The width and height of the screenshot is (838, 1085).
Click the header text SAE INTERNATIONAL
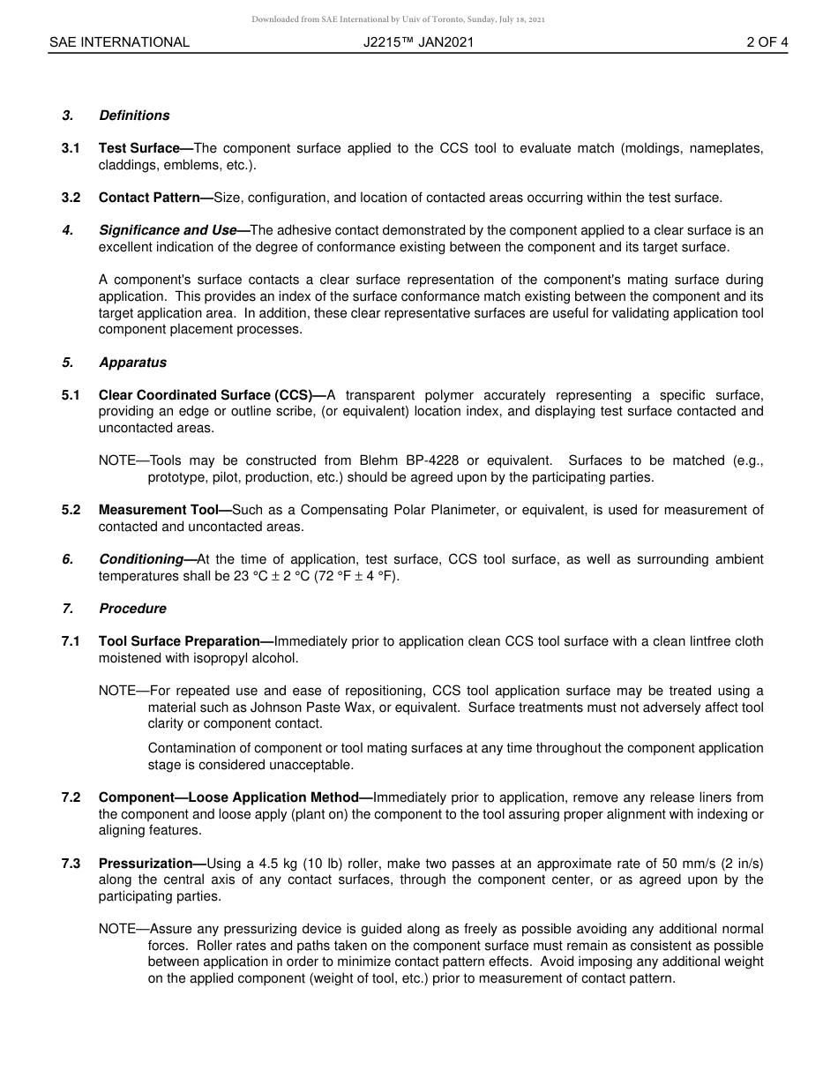(x=119, y=41)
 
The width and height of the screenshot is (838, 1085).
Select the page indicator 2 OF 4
(x=767, y=41)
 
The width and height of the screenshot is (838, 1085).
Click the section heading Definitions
(x=134, y=116)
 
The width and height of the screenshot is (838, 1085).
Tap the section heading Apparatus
(x=132, y=363)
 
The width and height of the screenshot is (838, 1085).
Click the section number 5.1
(x=71, y=395)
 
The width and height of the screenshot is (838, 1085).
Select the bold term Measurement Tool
(x=161, y=510)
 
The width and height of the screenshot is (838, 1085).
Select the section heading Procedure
(x=132, y=609)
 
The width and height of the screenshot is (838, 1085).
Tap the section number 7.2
(x=71, y=797)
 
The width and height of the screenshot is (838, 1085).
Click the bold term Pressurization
(x=147, y=864)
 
